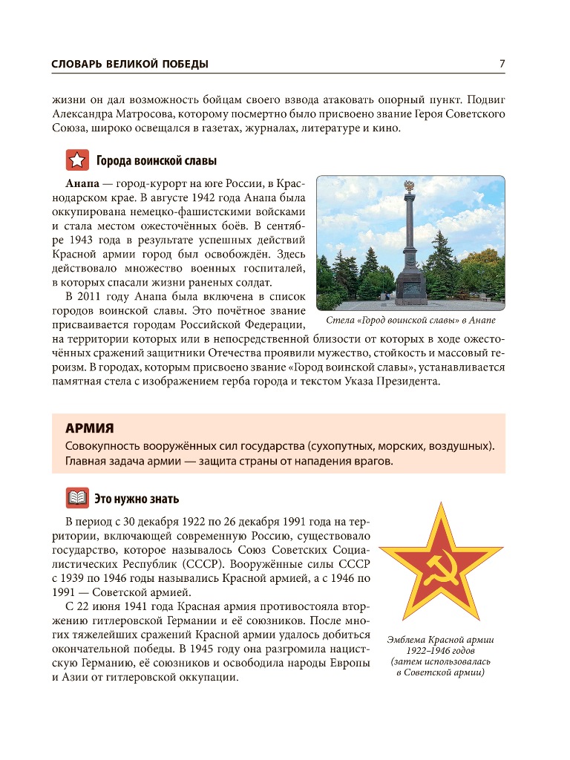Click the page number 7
pyautogui.click(x=502, y=64)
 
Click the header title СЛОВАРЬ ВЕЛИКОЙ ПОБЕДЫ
pyautogui.click(x=130, y=65)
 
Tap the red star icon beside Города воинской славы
pyautogui.click(x=76, y=160)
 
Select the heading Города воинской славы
pyautogui.click(x=156, y=161)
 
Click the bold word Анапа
pyautogui.click(x=82, y=183)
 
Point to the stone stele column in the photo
pyautogui.click(x=409, y=237)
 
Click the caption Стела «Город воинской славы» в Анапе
pyautogui.click(x=410, y=321)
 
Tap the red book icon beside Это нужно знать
pyautogui.click(x=76, y=499)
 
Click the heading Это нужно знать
pyautogui.click(x=137, y=499)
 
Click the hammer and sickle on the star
pyautogui.click(x=442, y=570)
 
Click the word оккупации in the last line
pyautogui.click(x=211, y=678)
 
